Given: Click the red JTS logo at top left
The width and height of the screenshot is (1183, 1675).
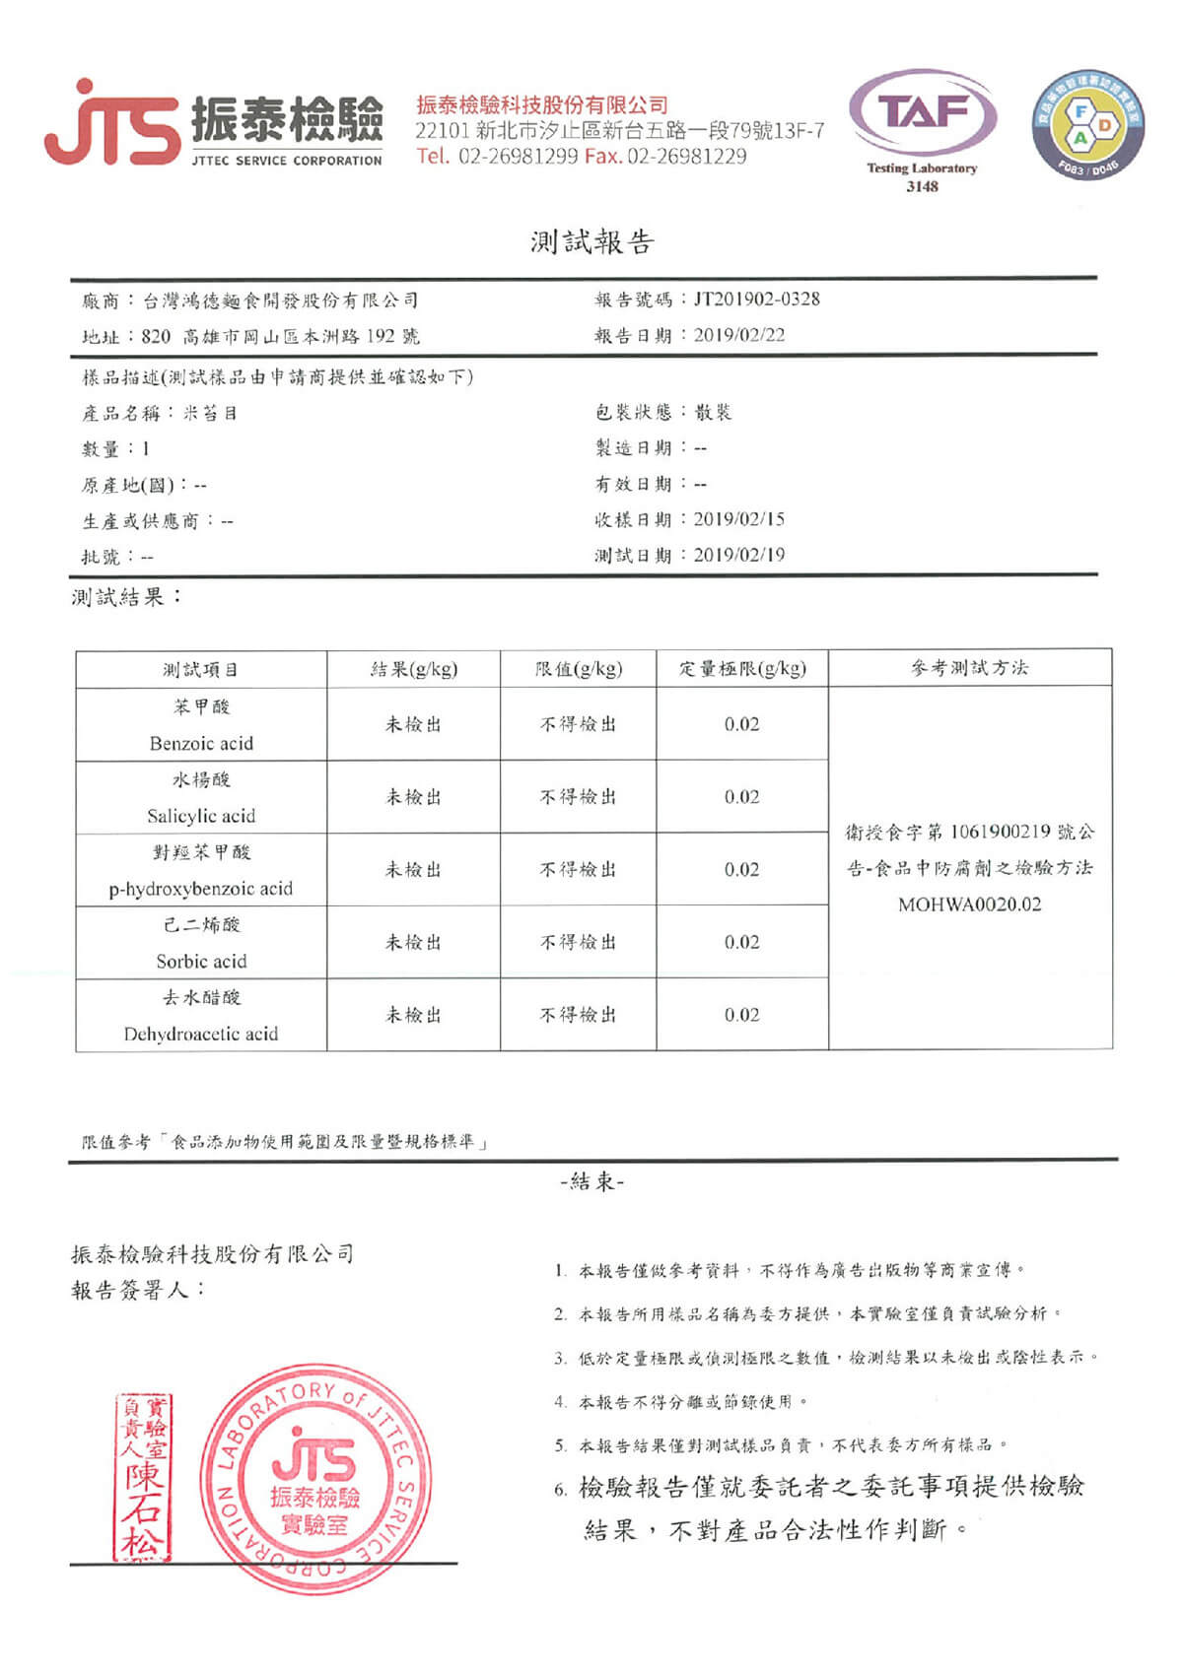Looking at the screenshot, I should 110,124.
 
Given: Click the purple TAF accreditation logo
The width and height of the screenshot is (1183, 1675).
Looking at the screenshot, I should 922,112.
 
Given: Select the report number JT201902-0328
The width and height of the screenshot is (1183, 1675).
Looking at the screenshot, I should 756,299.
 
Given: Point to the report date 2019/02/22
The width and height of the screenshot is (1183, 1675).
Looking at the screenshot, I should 739,335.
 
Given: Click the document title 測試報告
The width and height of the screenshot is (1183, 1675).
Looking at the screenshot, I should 591,242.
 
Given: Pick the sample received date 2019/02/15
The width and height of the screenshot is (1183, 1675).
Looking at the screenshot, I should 739,519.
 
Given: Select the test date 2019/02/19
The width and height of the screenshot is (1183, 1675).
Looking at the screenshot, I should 739,555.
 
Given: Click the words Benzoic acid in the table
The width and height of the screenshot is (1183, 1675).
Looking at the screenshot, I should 201,743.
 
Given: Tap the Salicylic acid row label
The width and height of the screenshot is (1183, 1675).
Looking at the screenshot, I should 201,816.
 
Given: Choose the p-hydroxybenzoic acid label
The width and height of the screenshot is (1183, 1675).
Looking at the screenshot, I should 201,889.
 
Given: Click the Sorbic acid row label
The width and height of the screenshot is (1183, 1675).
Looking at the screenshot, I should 201,961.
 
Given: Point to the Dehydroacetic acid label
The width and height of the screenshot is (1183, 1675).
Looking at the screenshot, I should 201,1034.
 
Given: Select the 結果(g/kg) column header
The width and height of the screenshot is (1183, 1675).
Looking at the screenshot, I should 414,669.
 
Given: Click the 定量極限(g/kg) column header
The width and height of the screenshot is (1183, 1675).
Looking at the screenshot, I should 742,669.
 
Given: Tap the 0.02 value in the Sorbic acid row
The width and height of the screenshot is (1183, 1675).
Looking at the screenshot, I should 742,942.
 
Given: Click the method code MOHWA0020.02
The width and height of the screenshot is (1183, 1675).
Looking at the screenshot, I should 970,904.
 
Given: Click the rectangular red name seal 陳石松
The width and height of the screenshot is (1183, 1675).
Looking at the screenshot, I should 142,1477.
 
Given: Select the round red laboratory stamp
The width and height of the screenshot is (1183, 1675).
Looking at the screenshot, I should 315,1478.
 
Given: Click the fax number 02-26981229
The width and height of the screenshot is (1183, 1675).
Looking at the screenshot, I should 686,156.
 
